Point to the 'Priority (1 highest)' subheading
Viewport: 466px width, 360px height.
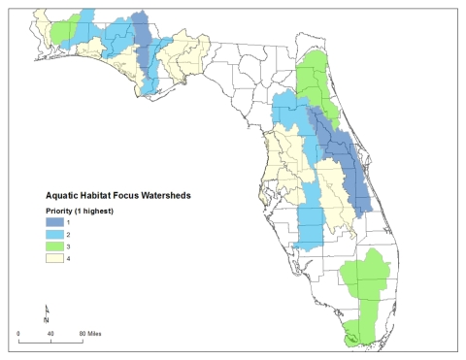(85, 211)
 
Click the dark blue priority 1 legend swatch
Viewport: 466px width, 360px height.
(57, 223)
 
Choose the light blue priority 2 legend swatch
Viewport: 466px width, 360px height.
(57, 236)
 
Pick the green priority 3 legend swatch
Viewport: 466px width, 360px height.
(57, 248)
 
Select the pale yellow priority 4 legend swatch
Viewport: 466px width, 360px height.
(57, 261)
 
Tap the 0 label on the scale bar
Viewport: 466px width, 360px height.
(18, 333)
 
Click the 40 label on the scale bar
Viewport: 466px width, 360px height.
(50, 333)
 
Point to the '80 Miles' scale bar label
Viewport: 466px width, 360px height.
(91, 333)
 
